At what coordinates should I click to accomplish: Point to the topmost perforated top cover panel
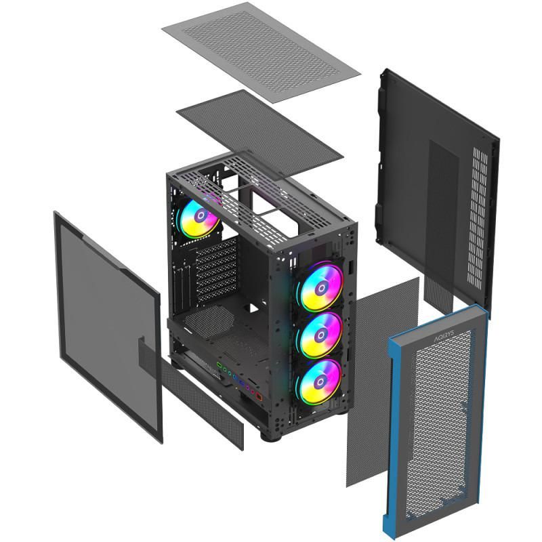click(x=261, y=45)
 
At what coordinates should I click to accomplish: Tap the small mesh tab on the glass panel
click(x=150, y=353)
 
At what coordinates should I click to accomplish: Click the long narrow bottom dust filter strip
click(x=203, y=407)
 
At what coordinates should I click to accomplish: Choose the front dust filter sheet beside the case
click(x=382, y=379)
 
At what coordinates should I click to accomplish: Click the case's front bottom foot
click(x=272, y=434)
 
